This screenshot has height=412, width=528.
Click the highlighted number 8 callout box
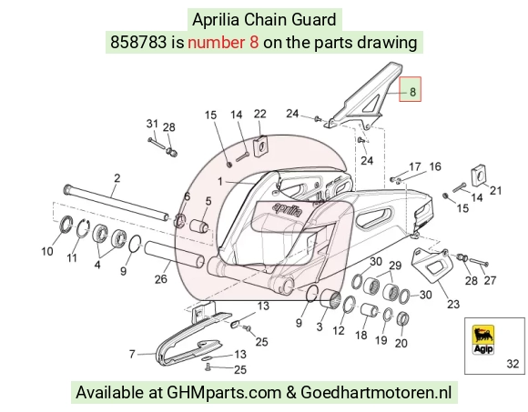point(411,89)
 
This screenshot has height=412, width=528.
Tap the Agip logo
point(483,339)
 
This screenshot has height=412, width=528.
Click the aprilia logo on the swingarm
point(288,209)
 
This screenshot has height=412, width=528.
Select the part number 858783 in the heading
point(138,43)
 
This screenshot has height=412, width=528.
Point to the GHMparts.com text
point(224,393)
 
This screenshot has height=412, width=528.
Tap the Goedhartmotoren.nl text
point(375,392)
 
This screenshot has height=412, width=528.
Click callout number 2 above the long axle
point(117,178)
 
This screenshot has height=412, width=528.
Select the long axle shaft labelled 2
point(117,203)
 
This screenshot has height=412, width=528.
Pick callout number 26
point(160,278)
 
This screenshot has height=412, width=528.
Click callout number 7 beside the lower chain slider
point(132,354)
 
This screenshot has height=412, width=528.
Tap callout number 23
point(453,304)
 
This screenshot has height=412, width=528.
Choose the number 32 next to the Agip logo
point(513,364)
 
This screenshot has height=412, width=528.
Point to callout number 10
point(47,251)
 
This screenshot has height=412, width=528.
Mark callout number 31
point(152,124)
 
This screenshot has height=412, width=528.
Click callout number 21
point(495,190)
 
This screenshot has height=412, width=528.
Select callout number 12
point(339,331)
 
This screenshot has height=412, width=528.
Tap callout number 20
point(401,343)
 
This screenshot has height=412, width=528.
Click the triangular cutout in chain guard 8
point(372,104)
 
